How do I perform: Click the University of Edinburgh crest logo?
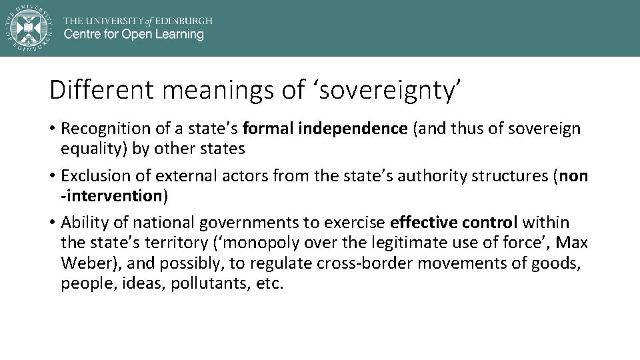(x=27, y=27)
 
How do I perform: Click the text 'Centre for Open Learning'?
(x=134, y=34)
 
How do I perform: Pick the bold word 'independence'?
(x=353, y=129)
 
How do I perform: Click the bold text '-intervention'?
(x=112, y=195)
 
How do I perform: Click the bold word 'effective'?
(x=423, y=223)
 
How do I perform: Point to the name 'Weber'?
(x=86, y=263)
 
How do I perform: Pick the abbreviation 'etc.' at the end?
(x=269, y=283)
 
